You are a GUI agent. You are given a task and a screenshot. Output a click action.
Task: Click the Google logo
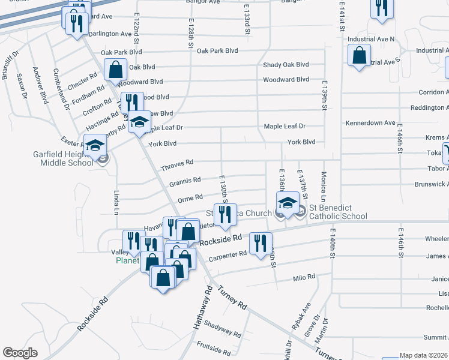coord(20,353)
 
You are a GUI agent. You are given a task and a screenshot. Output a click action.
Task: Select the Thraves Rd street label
coord(177,163)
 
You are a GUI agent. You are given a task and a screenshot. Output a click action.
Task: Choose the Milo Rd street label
coord(303,277)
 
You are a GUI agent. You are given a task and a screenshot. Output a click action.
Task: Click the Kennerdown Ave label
coord(370,123)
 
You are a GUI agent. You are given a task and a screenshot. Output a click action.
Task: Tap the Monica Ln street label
coord(324,187)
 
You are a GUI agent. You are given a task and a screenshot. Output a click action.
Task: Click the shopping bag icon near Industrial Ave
coord(359,56)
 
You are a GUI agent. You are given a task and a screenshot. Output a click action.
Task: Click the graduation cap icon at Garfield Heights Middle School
coord(95,146)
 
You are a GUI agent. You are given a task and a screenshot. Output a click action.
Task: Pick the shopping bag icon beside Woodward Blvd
coord(116,69)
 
